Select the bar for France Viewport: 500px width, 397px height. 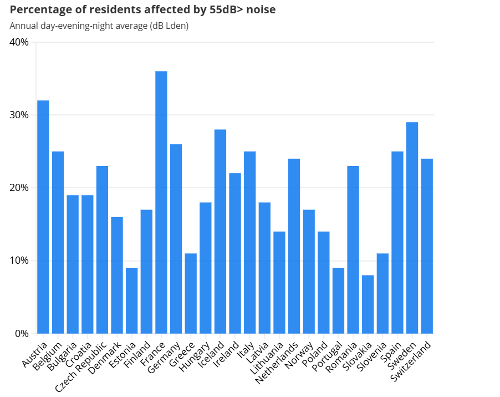point(161,202)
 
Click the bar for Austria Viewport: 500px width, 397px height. point(43,217)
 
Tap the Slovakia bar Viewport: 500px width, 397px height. point(368,304)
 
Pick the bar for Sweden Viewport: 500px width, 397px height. point(412,228)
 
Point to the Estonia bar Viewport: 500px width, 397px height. point(131,300)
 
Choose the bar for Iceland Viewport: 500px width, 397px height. point(220,231)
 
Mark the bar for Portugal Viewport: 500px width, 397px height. point(338,300)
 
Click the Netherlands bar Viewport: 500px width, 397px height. point(294,246)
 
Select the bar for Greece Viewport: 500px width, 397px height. point(191,293)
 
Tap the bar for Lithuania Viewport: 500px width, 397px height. point(279,282)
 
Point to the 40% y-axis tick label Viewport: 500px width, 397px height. point(20,42)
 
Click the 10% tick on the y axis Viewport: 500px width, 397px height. point(20,260)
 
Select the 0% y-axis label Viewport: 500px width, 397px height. point(22,334)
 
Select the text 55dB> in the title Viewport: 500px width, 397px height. point(226,9)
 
